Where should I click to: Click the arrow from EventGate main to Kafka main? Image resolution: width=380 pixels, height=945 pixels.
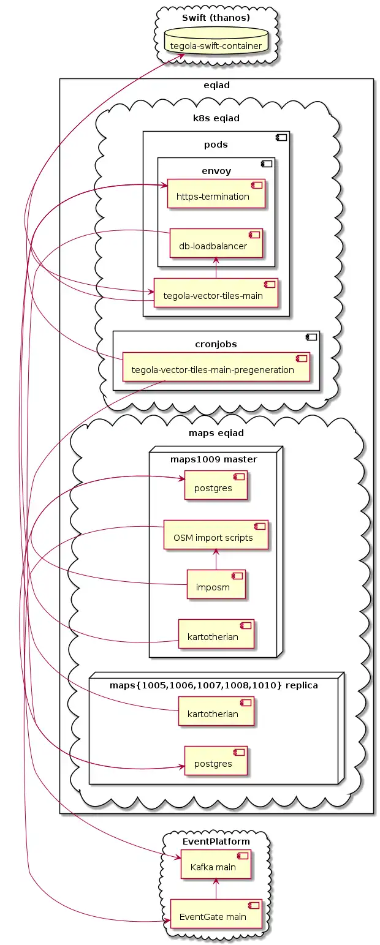216,889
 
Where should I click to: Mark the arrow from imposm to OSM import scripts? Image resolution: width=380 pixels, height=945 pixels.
216,559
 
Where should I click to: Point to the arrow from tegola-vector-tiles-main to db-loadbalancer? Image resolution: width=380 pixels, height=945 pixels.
216,268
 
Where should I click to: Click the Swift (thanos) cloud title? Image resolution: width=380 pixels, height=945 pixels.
216,17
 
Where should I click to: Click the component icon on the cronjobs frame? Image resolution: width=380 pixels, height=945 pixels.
311,336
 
